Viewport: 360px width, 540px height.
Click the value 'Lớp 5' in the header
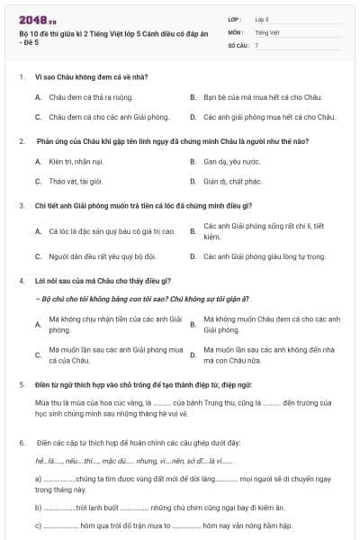pyautogui.click(x=262, y=18)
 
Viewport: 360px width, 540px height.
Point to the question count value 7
pyautogui.click(x=256, y=44)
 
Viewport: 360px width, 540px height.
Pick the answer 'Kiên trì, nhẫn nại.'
pyautogui.click(x=77, y=162)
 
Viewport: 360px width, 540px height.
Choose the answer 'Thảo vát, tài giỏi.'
pyautogui.click(x=77, y=181)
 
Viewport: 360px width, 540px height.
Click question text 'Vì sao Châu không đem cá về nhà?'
pyautogui.click(x=85, y=76)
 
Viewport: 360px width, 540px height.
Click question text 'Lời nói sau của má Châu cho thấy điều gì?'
pyautogui.click(x=97, y=281)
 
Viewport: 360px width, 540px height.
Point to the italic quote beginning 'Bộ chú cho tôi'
pyautogui.click(x=144, y=298)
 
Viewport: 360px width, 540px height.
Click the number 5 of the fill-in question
pyautogui.click(x=21, y=384)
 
